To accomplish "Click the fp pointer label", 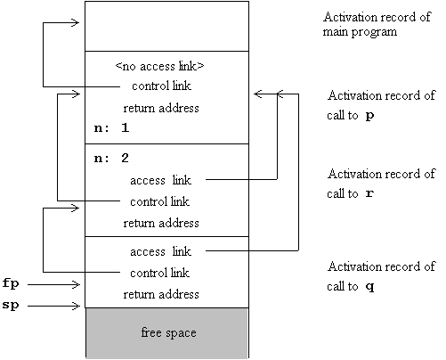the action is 11,283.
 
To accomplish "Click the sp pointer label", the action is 11,305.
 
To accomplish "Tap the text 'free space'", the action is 168,332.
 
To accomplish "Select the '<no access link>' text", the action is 159,66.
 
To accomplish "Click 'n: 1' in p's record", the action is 111,127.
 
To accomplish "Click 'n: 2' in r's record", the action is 111,158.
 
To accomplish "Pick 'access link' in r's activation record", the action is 160,180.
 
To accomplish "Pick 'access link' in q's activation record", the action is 160,251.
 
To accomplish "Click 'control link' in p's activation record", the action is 161,86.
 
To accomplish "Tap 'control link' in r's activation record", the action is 159,201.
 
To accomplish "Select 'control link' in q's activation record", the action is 159,273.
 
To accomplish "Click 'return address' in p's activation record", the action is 161,108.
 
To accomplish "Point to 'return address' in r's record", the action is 161,223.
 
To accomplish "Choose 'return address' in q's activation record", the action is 161,294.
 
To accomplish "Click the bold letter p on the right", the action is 369,116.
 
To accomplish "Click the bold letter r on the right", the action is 369,193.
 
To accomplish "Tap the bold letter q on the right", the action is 369,287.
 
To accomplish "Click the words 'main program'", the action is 360,32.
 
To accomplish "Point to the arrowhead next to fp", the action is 77,284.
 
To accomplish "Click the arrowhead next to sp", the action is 77,306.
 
